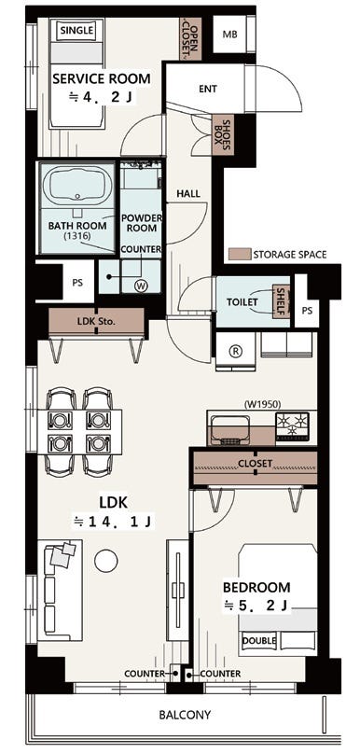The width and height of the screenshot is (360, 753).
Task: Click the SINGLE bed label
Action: pyautogui.click(x=76, y=31)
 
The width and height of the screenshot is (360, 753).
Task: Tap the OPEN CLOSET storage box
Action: pyautogui.click(x=190, y=39)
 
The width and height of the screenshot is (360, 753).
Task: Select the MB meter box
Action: pyautogui.click(x=228, y=35)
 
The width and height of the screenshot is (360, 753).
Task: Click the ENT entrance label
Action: pyautogui.click(x=208, y=89)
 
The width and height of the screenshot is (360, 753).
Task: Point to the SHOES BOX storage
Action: pyautogui.click(x=223, y=135)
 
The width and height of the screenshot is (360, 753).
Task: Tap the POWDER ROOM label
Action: pyautogui.click(x=142, y=223)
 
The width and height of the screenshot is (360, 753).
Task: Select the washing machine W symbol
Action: pyautogui.click(x=141, y=286)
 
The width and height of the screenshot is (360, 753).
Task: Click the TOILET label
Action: pyautogui.click(x=242, y=302)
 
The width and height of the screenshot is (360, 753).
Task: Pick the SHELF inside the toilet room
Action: pyautogui.click(x=281, y=301)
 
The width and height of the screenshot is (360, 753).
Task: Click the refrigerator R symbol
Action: pyautogui.click(x=236, y=351)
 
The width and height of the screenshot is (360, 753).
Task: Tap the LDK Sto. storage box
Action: pyautogui.click(x=96, y=322)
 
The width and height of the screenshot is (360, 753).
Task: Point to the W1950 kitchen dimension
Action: pyautogui.click(x=262, y=403)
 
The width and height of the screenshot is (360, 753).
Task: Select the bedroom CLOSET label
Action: pyautogui.click(x=255, y=464)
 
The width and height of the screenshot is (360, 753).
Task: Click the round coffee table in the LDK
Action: pyautogui.click(x=106, y=561)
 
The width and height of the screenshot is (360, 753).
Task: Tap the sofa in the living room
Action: pyautogui.click(x=60, y=590)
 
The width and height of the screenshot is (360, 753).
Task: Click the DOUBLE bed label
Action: pyautogui.click(x=259, y=640)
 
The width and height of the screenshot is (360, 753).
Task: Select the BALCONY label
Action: pyautogui.click(x=185, y=715)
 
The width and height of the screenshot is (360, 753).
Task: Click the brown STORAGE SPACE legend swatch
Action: pyautogui.click(x=240, y=254)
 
